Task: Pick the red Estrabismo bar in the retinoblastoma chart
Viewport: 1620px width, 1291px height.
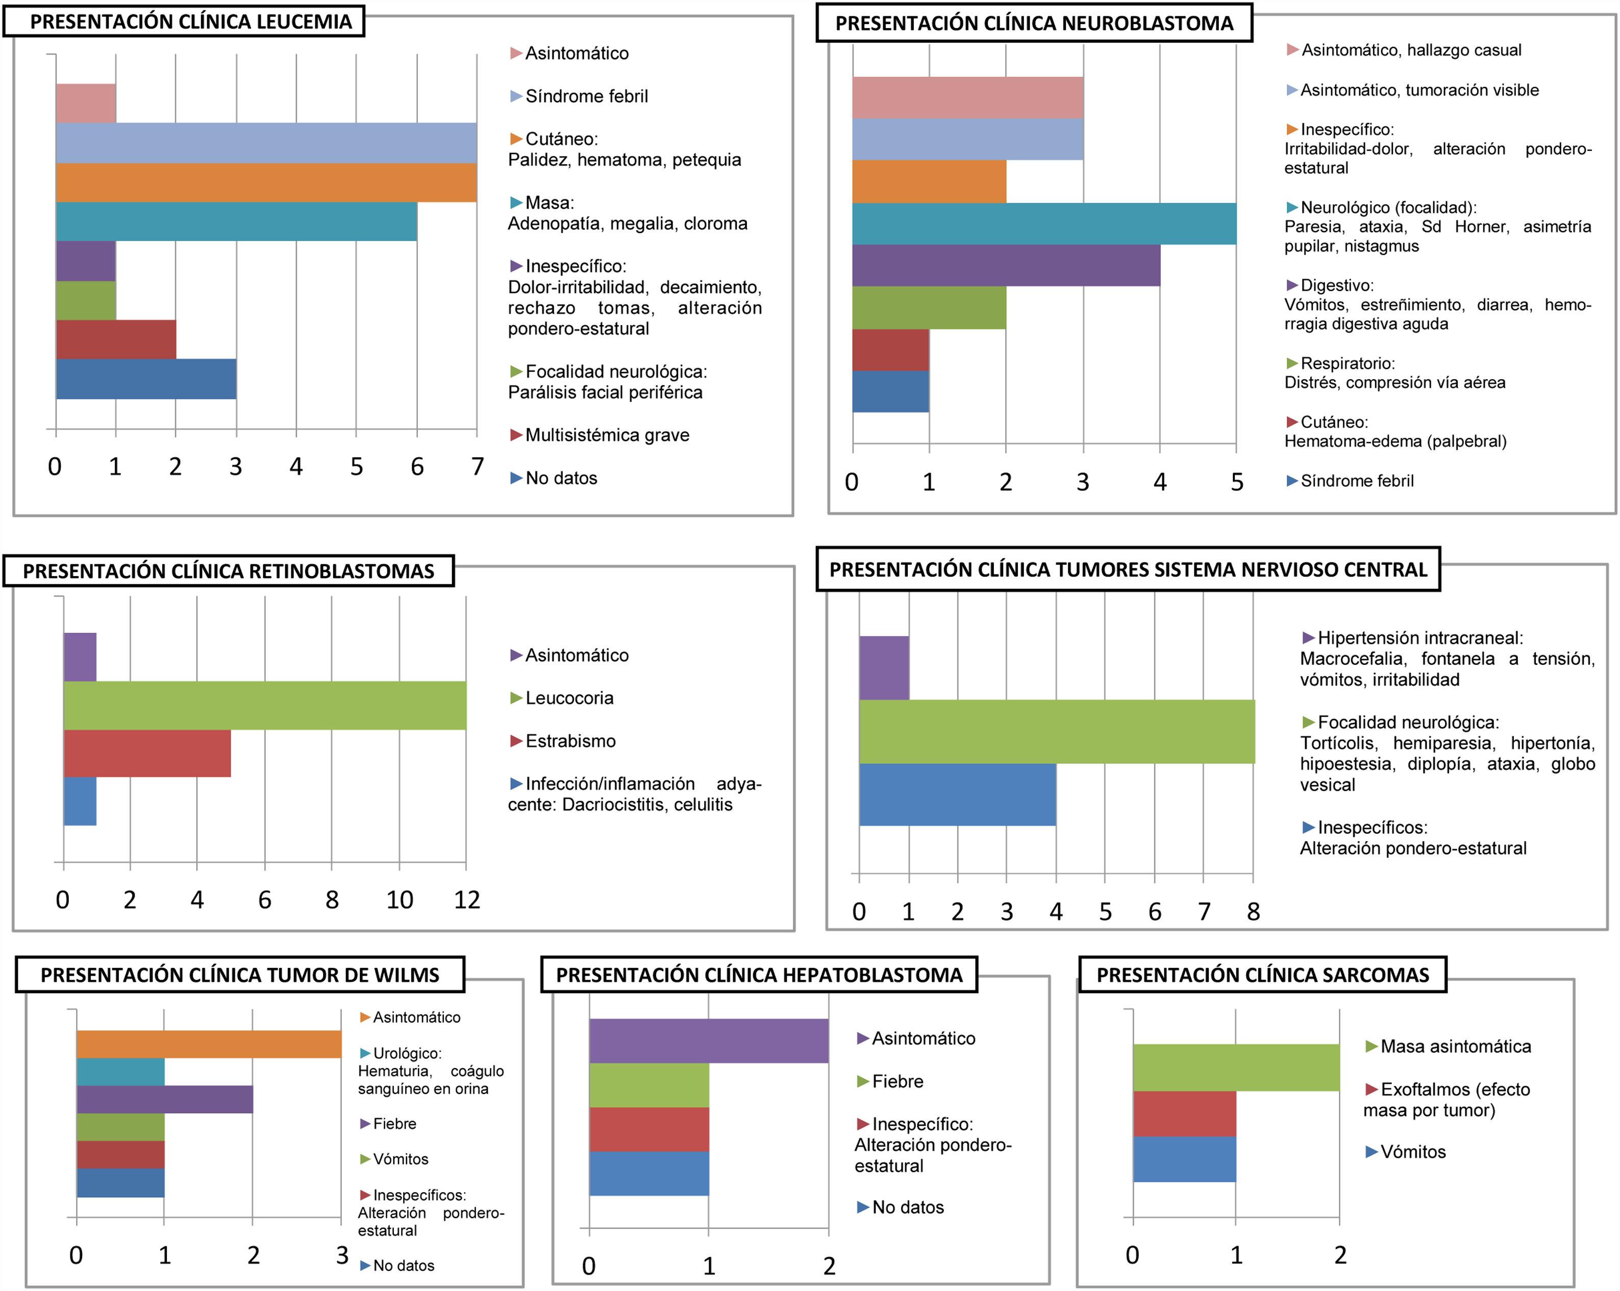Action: point(147,753)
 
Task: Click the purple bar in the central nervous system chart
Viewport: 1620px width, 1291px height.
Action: point(884,667)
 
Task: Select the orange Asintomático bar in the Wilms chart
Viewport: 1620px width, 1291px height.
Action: point(209,1044)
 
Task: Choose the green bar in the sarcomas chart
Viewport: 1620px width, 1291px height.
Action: point(1236,1067)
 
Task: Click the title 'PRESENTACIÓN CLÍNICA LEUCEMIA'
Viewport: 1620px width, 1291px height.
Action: point(191,22)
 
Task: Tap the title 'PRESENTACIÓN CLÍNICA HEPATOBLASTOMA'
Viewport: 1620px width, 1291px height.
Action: point(759,975)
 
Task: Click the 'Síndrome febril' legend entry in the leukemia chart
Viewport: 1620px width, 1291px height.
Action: point(586,96)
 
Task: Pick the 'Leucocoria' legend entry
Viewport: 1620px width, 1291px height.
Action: point(569,698)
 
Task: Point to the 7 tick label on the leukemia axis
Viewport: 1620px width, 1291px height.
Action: point(477,467)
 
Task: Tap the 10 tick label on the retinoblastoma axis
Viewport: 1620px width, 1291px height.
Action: point(399,900)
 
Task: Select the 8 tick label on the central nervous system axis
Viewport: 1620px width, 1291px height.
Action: point(1253,911)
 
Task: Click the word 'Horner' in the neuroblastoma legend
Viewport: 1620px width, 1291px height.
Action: point(1482,227)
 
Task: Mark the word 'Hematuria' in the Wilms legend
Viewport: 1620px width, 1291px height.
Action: point(394,1071)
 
